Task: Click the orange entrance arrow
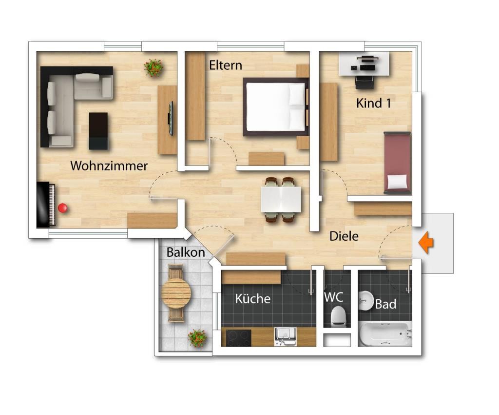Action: click(x=426, y=243)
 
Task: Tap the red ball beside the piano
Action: click(x=63, y=208)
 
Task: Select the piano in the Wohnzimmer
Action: click(x=46, y=205)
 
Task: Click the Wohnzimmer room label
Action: click(x=109, y=166)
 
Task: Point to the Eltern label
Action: click(x=225, y=65)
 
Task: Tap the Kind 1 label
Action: click(x=373, y=103)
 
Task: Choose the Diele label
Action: click(x=344, y=236)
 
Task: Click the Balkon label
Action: click(x=186, y=252)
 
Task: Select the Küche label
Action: click(x=253, y=299)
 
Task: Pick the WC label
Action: click(x=333, y=297)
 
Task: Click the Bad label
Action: click(x=385, y=304)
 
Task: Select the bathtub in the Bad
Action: click(x=385, y=334)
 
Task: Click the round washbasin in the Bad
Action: click(x=366, y=301)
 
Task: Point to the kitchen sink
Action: click(x=285, y=336)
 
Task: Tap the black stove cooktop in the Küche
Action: click(x=238, y=338)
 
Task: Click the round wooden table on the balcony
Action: click(x=176, y=293)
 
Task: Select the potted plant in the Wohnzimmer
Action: click(x=154, y=67)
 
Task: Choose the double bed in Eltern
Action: click(x=276, y=107)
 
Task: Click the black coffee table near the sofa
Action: click(x=98, y=131)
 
